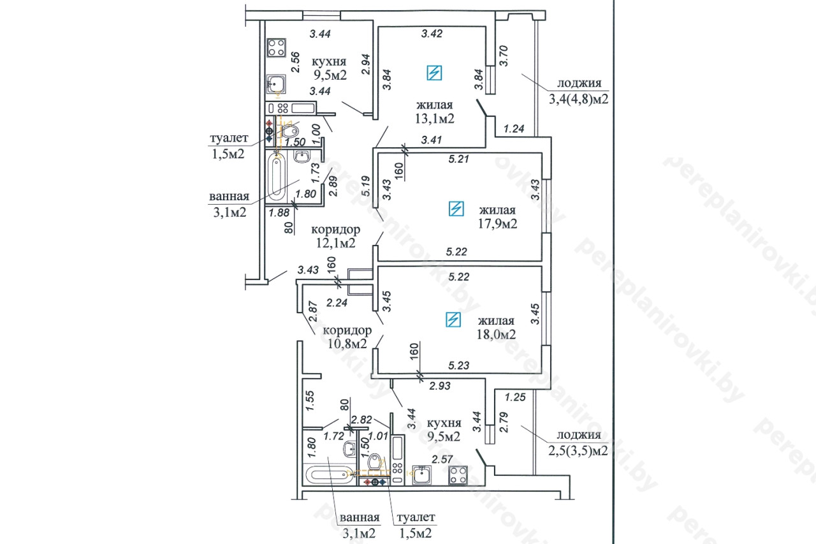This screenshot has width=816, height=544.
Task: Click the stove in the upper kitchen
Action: [277, 47]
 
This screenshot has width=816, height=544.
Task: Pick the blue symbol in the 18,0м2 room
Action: [453, 319]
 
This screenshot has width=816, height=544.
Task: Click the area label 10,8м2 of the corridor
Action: [345, 344]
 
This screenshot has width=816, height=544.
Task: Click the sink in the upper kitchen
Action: [276, 84]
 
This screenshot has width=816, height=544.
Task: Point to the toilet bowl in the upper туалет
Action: [290, 131]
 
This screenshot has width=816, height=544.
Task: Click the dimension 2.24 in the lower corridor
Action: [337, 303]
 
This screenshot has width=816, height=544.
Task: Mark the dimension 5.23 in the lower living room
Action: [459, 365]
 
